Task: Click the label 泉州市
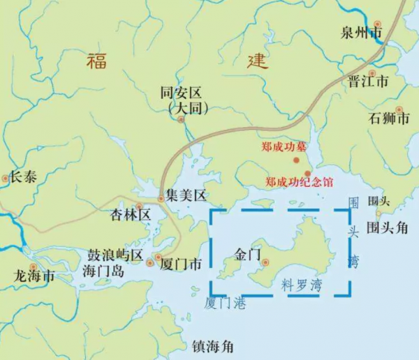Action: tap(361, 32)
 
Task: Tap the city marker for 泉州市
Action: tap(378, 24)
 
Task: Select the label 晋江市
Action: tap(367, 82)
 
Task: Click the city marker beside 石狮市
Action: tap(399, 109)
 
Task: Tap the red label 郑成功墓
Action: tap(284, 147)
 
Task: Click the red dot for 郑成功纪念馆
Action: tap(308, 173)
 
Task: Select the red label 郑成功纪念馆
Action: tap(299, 182)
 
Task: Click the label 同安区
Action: tap(181, 92)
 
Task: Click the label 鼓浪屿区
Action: tap(114, 255)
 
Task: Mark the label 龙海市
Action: tap(35, 276)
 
